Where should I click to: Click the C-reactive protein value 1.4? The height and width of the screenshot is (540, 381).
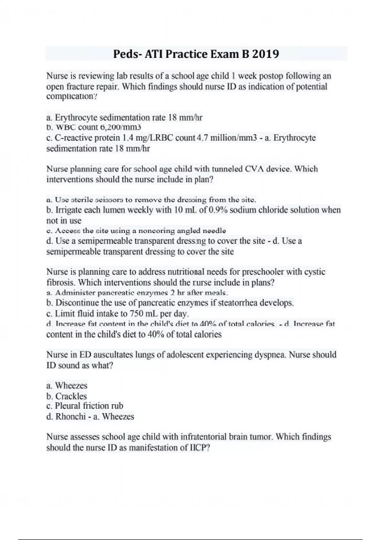(127, 138)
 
